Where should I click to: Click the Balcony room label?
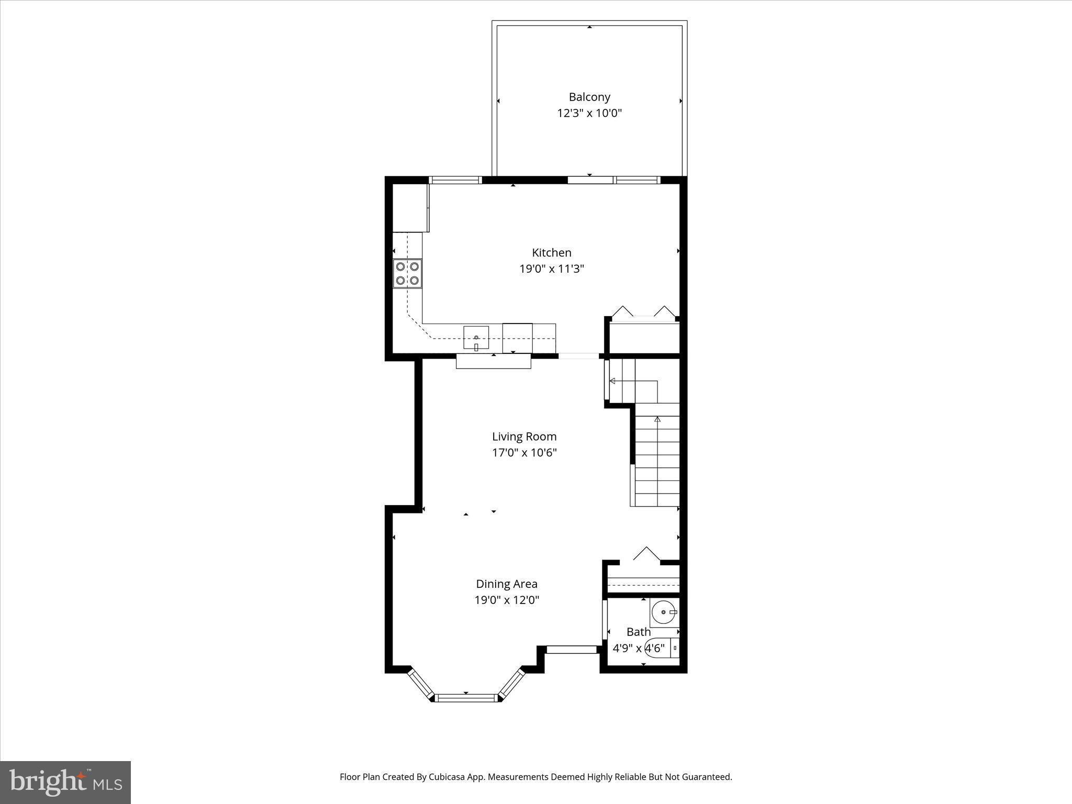[589, 97]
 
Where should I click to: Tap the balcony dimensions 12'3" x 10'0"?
[589, 113]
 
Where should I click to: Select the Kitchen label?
[551, 253]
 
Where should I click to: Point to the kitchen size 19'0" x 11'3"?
[551, 269]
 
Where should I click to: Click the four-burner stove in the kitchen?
[408, 273]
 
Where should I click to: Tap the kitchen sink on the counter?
[476, 338]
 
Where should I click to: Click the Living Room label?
[524, 437]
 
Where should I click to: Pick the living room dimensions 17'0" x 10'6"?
[524, 453]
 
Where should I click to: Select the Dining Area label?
[506, 584]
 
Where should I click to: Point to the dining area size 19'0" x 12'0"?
[506, 600]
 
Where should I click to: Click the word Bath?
[638, 632]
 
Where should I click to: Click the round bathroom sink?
[665, 612]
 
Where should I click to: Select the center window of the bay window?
[465, 697]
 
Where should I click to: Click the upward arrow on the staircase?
[657, 419]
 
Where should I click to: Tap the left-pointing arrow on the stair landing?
[612, 381]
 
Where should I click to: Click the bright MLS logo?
[65, 782]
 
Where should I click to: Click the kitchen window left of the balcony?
[455, 180]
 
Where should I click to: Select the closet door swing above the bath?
[647, 555]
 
